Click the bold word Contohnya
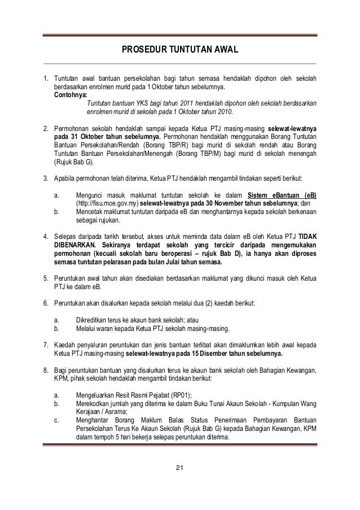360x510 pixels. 71,95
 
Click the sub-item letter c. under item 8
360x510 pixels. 56,419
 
